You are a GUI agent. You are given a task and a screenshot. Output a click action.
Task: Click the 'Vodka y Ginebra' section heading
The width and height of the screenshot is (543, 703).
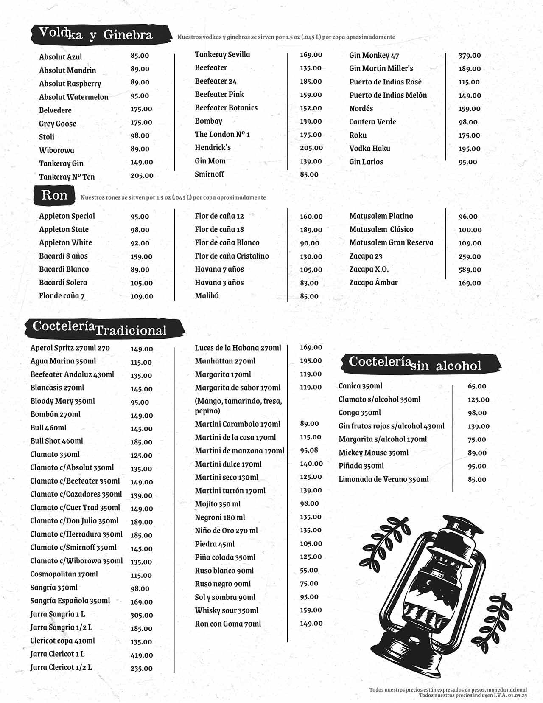[x=96, y=34]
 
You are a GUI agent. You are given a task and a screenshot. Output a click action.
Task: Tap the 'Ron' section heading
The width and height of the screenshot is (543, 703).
[x=54, y=195]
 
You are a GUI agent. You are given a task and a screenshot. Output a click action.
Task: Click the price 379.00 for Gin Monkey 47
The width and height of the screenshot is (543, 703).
[x=470, y=56]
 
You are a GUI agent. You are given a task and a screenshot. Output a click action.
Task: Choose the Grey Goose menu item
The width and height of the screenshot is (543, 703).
[x=58, y=124]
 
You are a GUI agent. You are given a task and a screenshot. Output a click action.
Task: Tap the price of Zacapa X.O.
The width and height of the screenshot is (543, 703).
[x=470, y=270]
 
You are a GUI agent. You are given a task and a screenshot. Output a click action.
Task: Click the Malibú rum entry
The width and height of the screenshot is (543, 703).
[x=207, y=296]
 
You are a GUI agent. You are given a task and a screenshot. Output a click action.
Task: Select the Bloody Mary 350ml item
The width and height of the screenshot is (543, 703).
[x=62, y=401]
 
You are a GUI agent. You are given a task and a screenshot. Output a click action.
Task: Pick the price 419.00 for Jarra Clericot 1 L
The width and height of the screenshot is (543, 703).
[x=142, y=655]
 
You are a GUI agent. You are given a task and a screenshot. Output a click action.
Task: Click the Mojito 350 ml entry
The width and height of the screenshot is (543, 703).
[x=218, y=504]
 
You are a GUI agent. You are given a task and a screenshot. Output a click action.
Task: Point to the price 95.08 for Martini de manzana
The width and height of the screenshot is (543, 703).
[x=309, y=450]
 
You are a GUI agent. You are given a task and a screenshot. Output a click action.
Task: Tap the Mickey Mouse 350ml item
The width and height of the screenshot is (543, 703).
[x=373, y=453]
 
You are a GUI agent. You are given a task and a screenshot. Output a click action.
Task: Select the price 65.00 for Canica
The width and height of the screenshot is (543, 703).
[x=477, y=386]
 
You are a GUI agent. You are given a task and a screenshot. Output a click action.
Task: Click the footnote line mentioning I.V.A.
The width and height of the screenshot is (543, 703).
[x=473, y=695]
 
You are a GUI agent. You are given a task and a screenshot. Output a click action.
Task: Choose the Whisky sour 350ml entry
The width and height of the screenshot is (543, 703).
[x=227, y=610]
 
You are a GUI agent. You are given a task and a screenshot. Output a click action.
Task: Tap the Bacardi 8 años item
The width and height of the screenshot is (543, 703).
[x=63, y=256]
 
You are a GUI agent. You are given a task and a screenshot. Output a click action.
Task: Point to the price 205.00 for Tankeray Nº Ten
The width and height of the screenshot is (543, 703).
[x=142, y=175]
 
